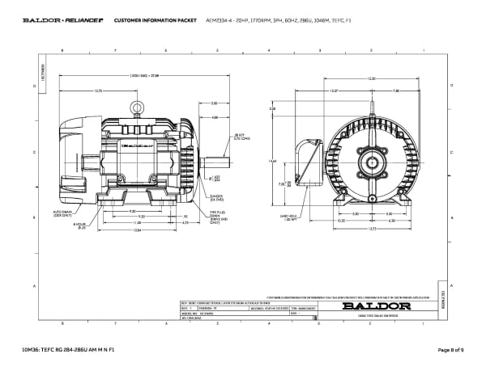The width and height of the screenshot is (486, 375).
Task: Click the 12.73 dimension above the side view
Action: tap(98, 91)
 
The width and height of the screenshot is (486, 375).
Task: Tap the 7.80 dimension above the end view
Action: tap(396, 91)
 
